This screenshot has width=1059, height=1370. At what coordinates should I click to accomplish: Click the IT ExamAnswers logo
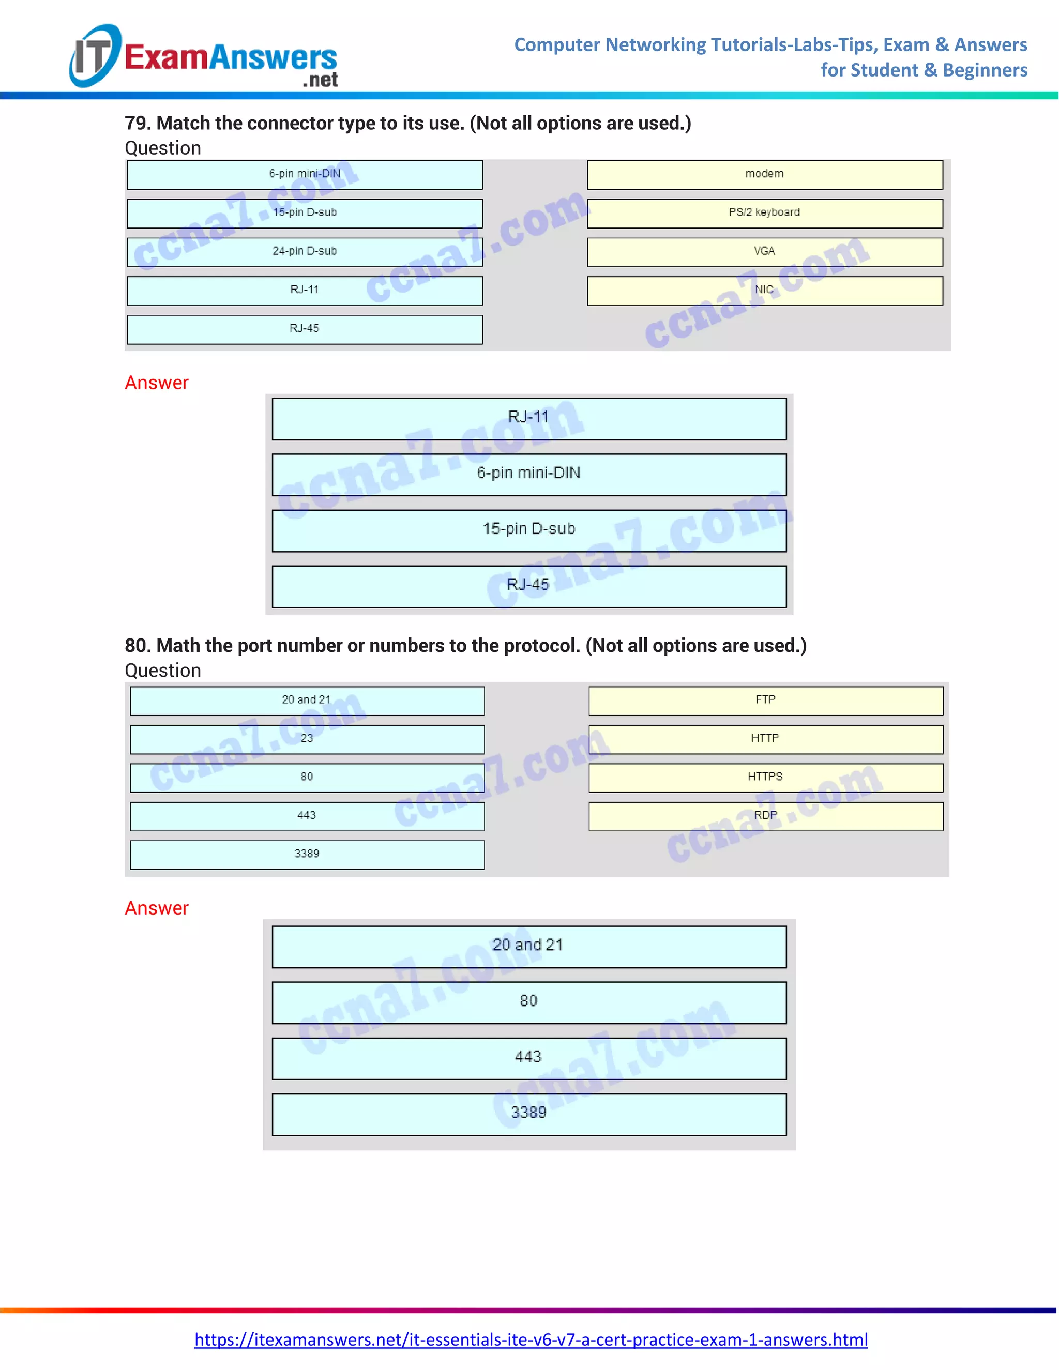click(x=204, y=56)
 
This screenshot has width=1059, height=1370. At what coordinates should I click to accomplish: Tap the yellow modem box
click(x=765, y=174)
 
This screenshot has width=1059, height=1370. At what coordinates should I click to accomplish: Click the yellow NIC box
click(x=765, y=291)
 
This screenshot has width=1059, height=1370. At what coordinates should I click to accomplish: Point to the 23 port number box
click(x=307, y=739)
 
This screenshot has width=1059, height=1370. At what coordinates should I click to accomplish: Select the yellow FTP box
click(x=765, y=700)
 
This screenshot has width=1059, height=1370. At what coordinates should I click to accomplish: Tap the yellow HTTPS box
click(x=765, y=777)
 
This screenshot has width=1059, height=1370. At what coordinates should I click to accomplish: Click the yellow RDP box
click(x=765, y=815)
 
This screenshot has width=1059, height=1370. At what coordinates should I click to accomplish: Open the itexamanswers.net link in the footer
click(x=531, y=1339)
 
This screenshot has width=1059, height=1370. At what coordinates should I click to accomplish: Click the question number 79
click(x=138, y=124)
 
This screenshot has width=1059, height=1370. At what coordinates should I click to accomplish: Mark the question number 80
click(x=138, y=646)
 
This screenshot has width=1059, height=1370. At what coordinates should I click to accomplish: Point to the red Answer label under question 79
click(x=156, y=383)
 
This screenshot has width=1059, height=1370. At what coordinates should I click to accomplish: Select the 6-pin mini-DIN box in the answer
click(x=529, y=474)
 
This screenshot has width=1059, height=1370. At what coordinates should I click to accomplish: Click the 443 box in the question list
click(x=307, y=815)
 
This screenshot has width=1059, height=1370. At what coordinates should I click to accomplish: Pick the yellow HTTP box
click(x=765, y=739)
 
